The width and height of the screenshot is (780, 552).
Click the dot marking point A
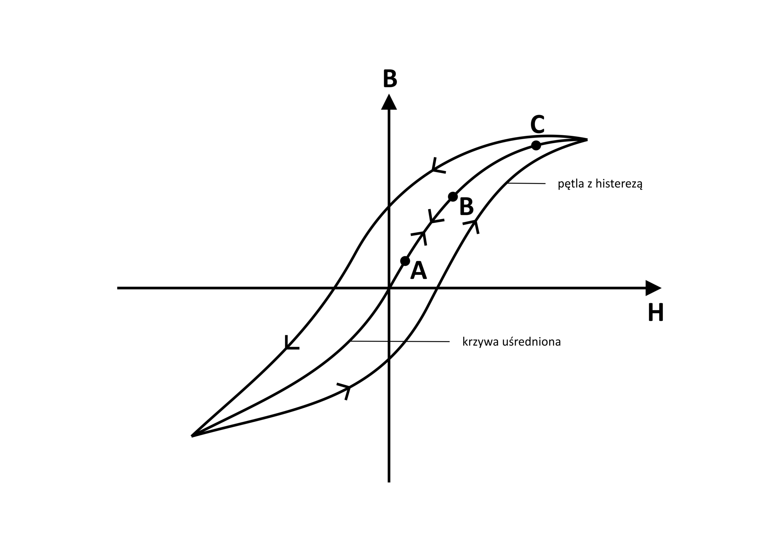pyautogui.click(x=405, y=261)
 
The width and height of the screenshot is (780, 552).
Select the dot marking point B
pyautogui.click(x=453, y=197)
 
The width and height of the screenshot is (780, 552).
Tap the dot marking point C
pyautogui.click(x=536, y=145)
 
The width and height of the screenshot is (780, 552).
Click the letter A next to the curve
pyautogui.click(x=419, y=270)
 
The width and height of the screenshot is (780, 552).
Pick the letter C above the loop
pyautogui.click(x=537, y=124)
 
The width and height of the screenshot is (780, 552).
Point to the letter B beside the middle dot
pyautogui.click(x=467, y=206)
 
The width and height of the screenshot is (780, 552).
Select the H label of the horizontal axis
pyautogui.click(x=656, y=312)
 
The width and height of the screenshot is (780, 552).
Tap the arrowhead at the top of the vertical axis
pyautogui.click(x=389, y=102)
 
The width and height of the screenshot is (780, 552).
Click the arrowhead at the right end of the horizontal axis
pyautogui.click(x=653, y=288)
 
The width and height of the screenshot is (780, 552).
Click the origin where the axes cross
pyautogui.click(x=389, y=288)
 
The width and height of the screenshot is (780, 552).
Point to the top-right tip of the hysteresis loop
pyautogui.click(x=587, y=139)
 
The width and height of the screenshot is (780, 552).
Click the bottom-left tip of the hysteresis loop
pyautogui.click(x=192, y=436)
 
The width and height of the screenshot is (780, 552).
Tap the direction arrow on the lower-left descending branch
pyautogui.click(x=292, y=342)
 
